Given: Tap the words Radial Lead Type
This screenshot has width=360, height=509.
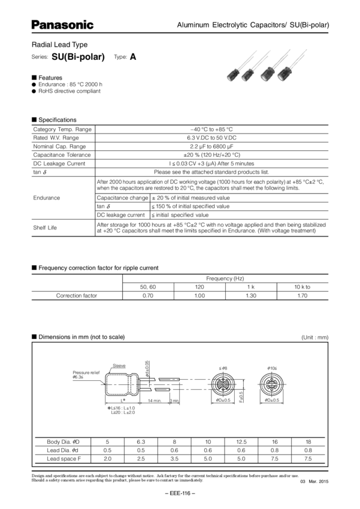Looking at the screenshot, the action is pos(55,45).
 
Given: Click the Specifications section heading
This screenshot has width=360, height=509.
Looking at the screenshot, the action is pos(58,119).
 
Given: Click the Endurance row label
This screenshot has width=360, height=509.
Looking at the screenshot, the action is pos(45,196).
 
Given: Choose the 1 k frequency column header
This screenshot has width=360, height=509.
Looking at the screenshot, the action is pos(252,287).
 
